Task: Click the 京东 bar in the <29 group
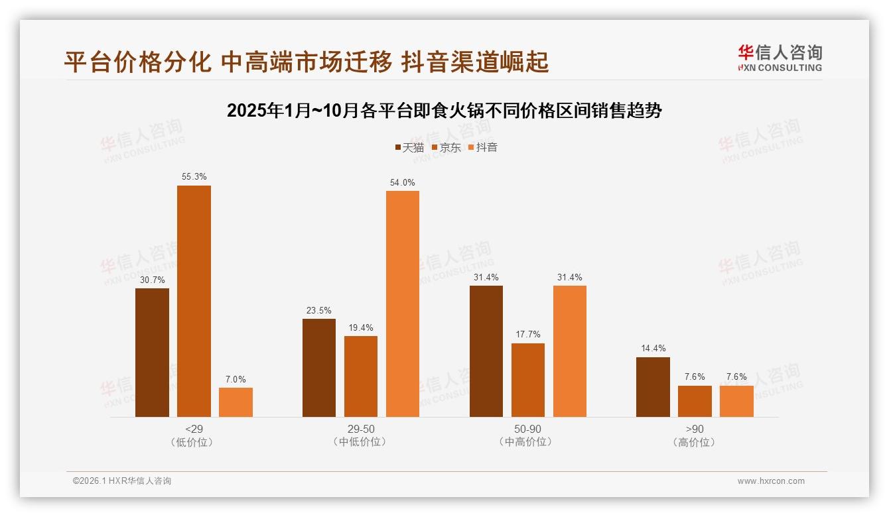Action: click(194, 302)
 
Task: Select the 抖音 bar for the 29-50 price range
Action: click(403, 304)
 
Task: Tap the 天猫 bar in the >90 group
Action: click(653, 387)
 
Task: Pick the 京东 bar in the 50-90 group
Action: click(528, 380)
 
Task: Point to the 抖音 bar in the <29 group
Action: click(236, 402)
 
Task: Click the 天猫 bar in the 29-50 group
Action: click(319, 368)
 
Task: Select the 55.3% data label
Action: click(194, 177)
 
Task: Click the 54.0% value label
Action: click(403, 182)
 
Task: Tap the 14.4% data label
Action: click(653, 349)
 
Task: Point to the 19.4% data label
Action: click(361, 327)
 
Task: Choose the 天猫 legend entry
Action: click(409, 147)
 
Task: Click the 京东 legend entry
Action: click(446, 147)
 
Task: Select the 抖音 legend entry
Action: click(483, 147)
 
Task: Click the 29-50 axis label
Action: click(361, 429)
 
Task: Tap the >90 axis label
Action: click(695, 429)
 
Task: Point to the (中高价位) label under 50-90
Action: click(527, 442)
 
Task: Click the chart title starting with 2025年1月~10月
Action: click(444, 110)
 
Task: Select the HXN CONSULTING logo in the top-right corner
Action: click(780, 58)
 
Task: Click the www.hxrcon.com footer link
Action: click(771, 481)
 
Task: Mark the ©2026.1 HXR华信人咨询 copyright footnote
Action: click(122, 481)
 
